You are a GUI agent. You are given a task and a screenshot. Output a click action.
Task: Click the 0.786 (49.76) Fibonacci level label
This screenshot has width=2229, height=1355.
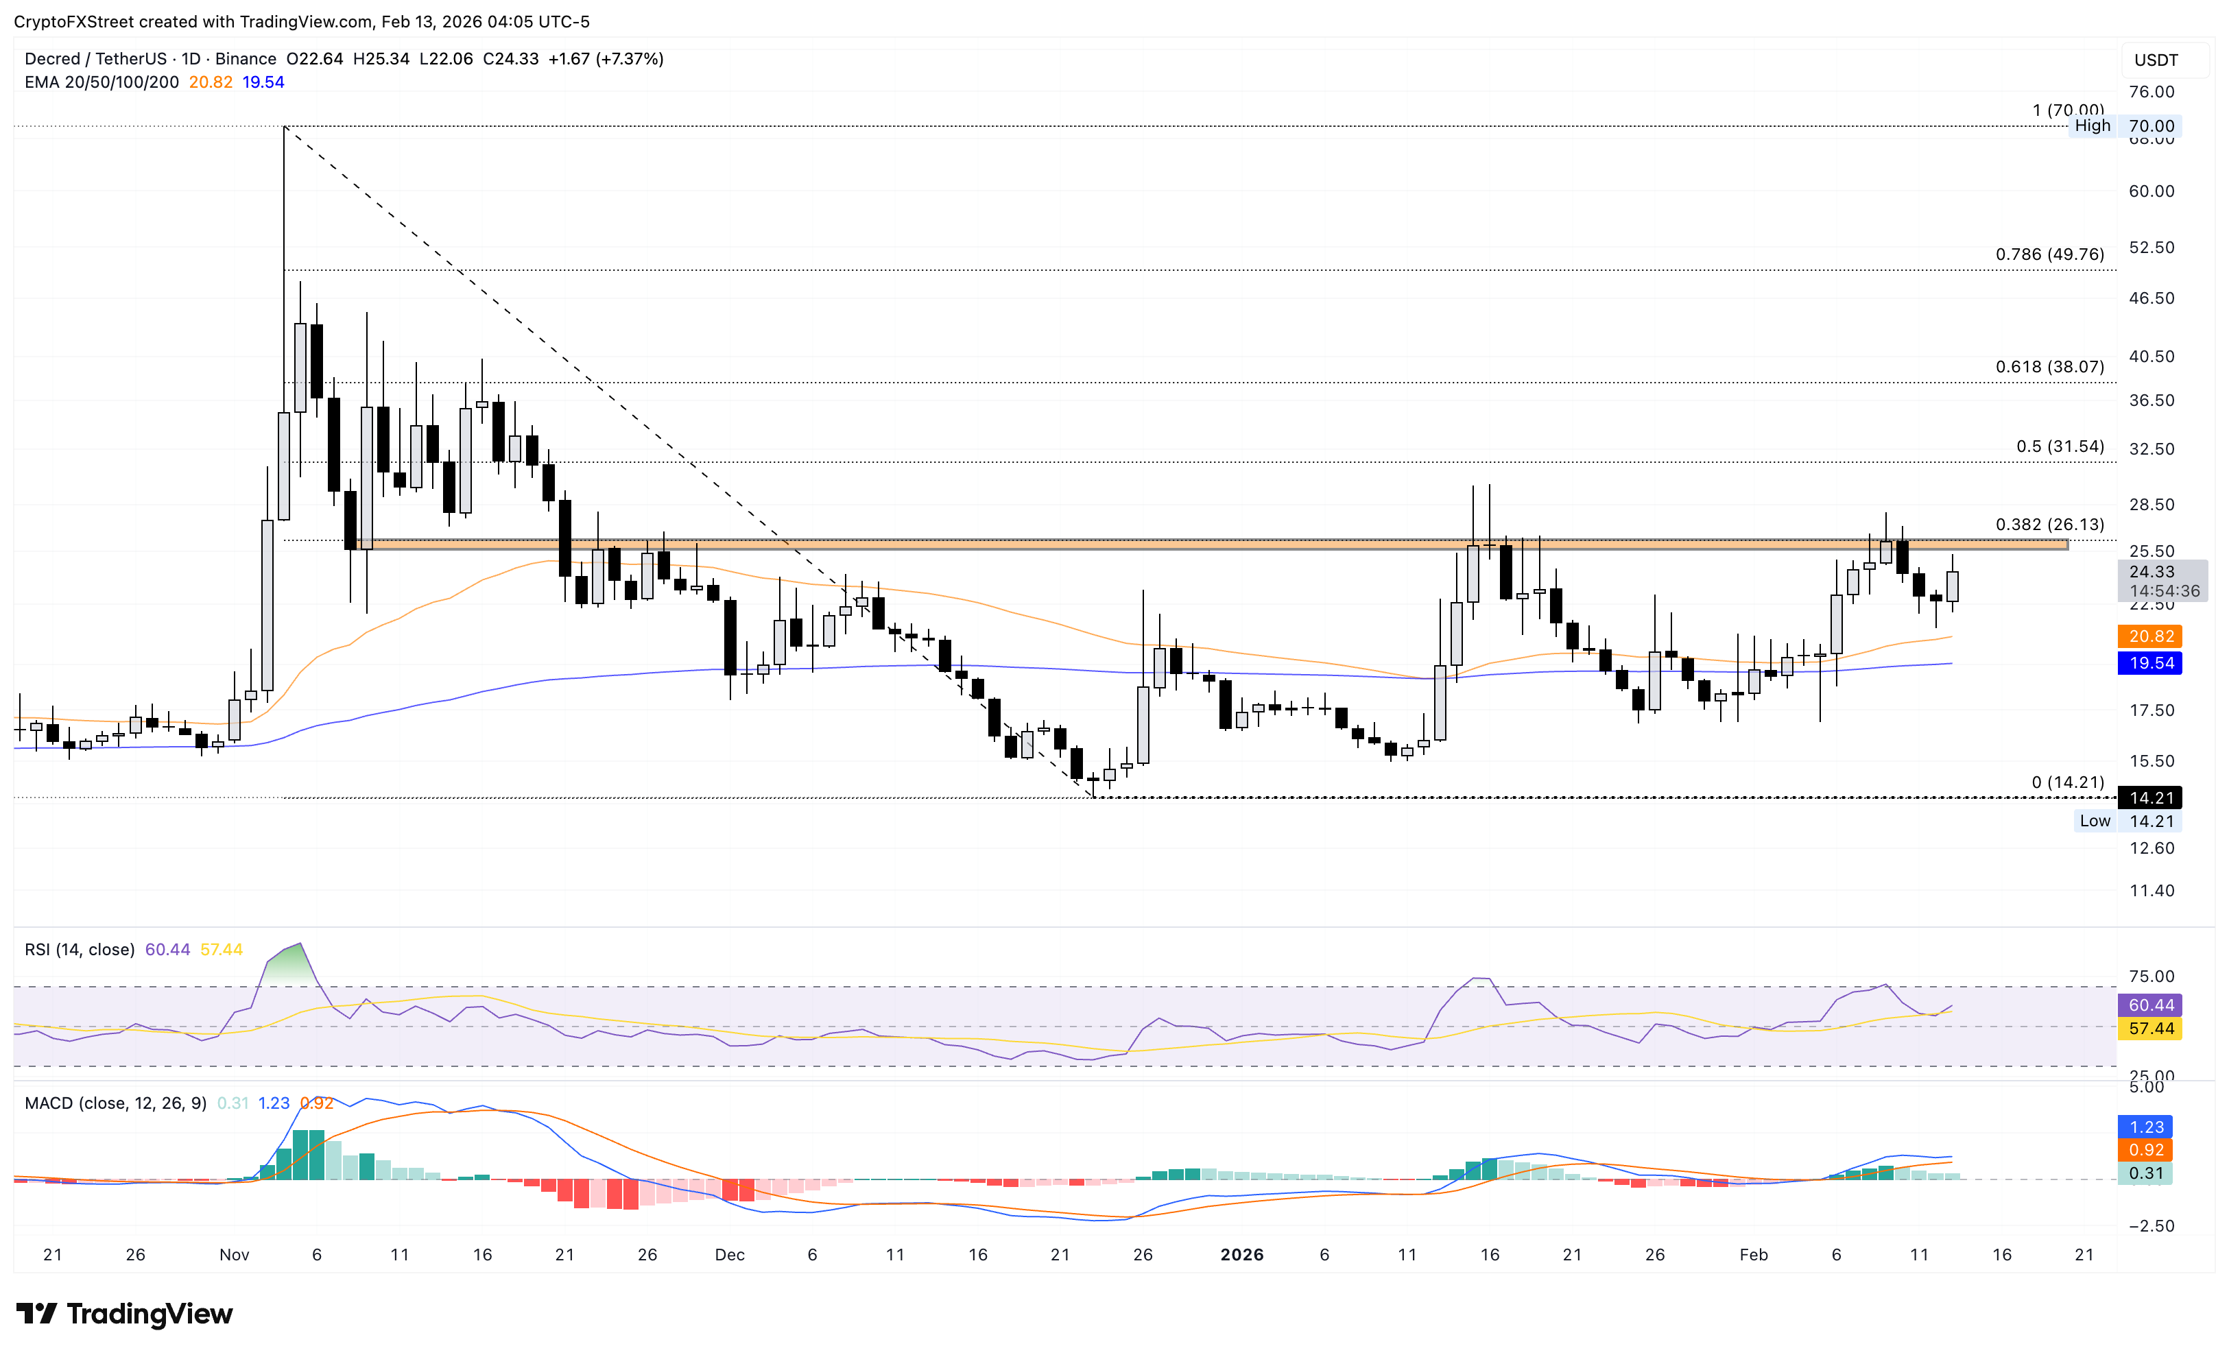tap(2049, 254)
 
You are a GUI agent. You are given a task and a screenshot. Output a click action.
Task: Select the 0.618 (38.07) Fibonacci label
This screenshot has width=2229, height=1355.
tap(2049, 366)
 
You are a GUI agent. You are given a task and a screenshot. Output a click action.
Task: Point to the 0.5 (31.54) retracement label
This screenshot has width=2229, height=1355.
tap(2060, 446)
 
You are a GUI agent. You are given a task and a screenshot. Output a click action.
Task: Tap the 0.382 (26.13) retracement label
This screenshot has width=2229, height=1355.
tap(2049, 525)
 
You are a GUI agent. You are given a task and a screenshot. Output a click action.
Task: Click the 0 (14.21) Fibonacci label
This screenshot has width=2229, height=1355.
tap(2067, 782)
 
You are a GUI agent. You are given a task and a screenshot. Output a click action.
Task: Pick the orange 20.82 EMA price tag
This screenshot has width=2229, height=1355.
tap(2150, 636)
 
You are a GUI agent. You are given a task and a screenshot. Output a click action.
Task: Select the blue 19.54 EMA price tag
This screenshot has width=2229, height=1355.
tap(2150, 663)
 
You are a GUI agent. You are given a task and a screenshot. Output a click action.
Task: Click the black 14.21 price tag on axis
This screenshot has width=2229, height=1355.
tap(2150, 798)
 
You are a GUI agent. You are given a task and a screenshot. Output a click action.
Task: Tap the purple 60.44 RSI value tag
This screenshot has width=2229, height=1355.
tap(2150, 1005)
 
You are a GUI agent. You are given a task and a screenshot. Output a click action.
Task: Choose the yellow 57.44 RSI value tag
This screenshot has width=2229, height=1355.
tap(2150, 1029)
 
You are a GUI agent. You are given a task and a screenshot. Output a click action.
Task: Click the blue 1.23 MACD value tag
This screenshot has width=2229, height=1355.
tap(2146, 1127)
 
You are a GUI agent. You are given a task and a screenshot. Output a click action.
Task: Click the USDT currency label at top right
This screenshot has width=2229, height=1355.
tap(2156, 60)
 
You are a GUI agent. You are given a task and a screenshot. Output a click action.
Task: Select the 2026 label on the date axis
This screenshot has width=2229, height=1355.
tap(1241, 1255)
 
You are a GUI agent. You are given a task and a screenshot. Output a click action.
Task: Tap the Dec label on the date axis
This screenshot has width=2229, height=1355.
tap(729, 1255)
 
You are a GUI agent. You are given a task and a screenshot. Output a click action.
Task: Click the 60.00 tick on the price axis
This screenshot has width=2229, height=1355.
tap(2150, 191)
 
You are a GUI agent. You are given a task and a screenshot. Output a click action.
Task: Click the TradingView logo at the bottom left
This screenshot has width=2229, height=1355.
tap(125, 1313)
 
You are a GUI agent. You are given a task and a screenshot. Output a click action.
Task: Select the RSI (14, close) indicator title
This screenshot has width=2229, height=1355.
tap(80, 950)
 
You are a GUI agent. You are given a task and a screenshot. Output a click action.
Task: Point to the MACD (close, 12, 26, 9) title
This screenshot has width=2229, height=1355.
tap(116, 1103)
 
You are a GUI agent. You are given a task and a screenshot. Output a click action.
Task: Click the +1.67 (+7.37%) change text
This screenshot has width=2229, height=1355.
tap(605, 59)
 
